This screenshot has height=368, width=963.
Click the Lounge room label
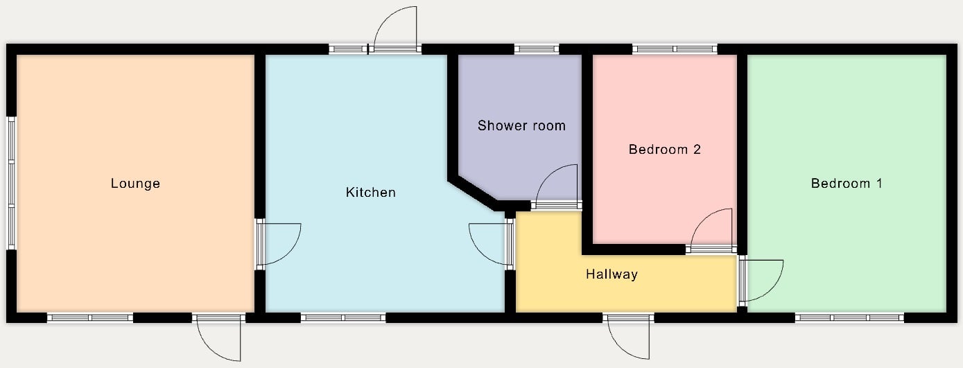click(x=135, y=184)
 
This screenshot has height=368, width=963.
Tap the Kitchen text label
click(x=371, y=192)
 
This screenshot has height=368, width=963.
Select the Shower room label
click(x=521, y=125)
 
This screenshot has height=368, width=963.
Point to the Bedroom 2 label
click(x=665, y=149)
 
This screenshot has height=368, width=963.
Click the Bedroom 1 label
click(x=847, y=184)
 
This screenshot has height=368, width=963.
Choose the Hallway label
click(x=611, y=274)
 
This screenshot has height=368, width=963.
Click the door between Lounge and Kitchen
click(x=279, y=244)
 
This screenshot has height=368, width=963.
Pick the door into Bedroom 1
click(x=761, y=281)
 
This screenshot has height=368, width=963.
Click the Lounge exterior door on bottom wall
click(x=218, y=338)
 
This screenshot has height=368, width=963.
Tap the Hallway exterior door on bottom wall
click(x=628, y=337)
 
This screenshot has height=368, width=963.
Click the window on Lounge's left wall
click(x=12, y=183)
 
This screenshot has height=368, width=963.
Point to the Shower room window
click(x=537, y=49)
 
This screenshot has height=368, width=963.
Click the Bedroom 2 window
click(x=675, y=49)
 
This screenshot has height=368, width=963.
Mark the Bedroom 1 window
click(x=849, y=318)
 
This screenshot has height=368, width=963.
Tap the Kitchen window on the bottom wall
click(x=343, y=318)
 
